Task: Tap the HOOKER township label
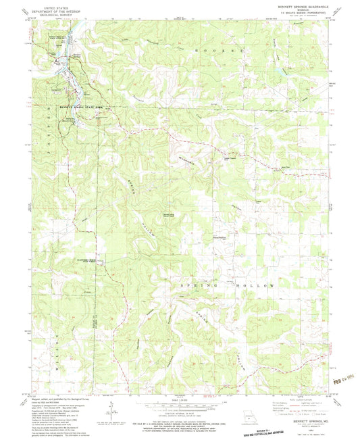pos(207,51)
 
